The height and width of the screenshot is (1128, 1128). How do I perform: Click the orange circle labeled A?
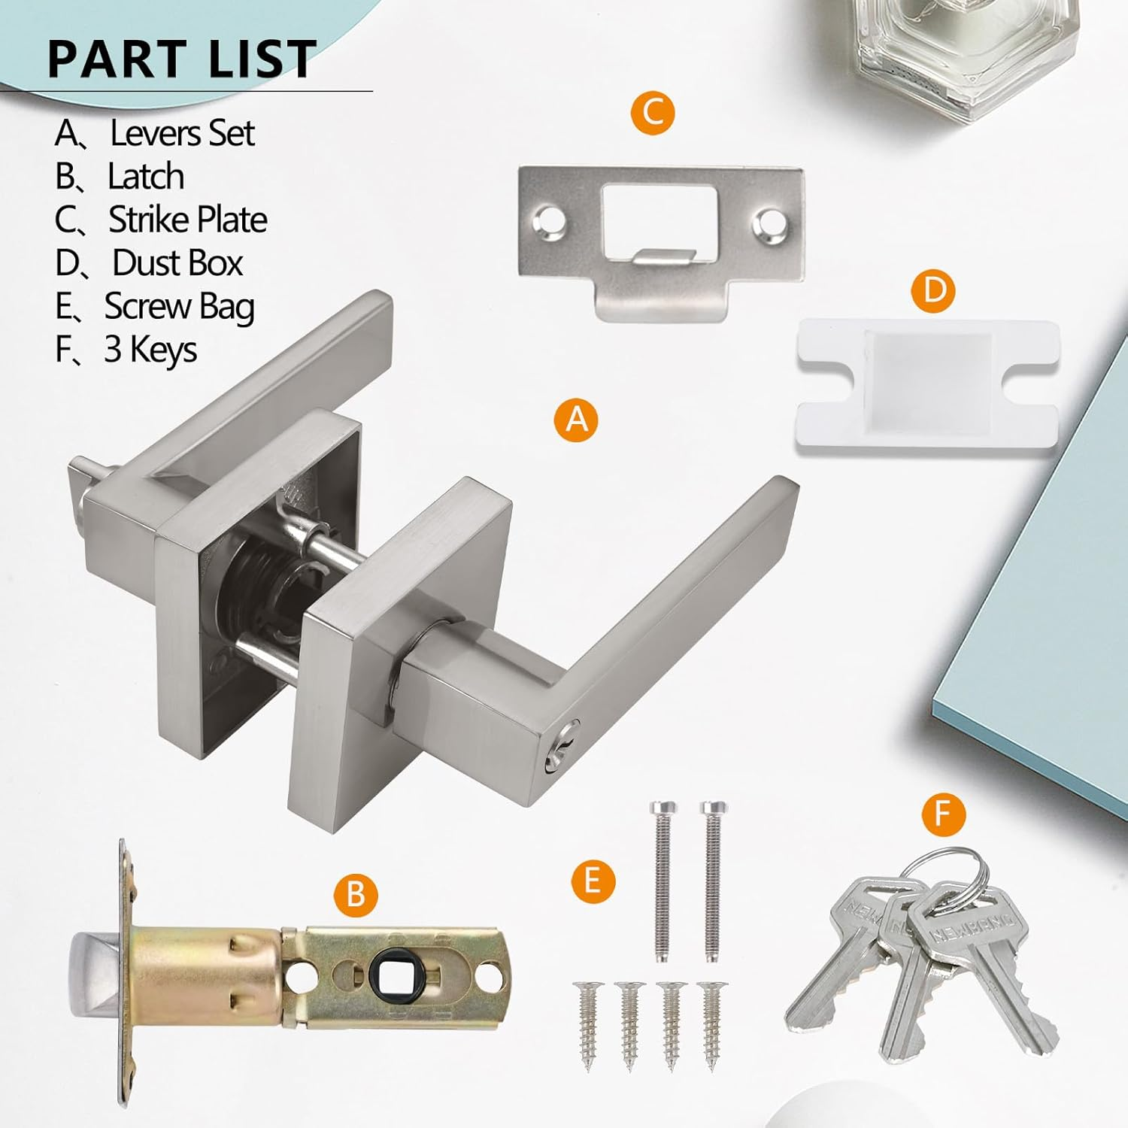tap(576, 418)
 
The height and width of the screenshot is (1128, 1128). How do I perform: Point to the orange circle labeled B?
tap(355, 895)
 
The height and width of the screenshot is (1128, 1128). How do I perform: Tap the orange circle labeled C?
tap(653, 113)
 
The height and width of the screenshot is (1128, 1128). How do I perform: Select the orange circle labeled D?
tap(933, 290)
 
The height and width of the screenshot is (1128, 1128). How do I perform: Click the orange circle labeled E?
tap(593, 881)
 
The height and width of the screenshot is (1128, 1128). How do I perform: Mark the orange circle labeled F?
tap(943, 814)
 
